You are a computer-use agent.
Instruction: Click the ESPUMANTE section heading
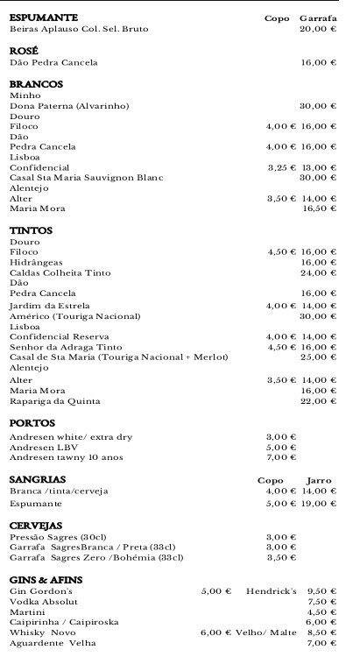pyautogui.click(x=43, y=18)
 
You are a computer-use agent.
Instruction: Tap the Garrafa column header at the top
pyautogui.click(x=318, y=18)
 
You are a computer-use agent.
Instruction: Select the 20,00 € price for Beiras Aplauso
pyautogui.click(x=318, y=29)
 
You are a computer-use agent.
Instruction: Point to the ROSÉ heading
pyautogui.click(x=25, y=51)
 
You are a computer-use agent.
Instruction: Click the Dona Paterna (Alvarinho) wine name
pyautogui.click(x=69, y=105)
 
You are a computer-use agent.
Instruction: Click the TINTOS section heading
pyautogui.click(x=31, y=230)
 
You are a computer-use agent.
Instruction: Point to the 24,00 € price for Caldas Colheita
pyautogui.click(x=318, y=272)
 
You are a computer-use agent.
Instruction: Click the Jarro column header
pyautogui.click(x=319, y=480)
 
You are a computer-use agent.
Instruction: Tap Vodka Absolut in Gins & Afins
pyautogui.click(x=44, y=602)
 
